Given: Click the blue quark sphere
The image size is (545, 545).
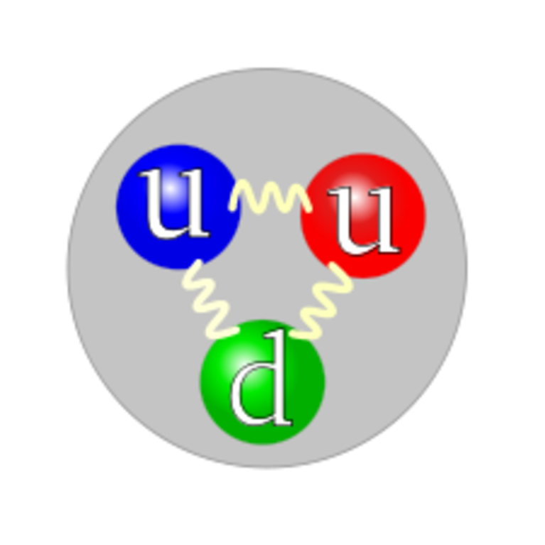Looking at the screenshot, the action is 178,207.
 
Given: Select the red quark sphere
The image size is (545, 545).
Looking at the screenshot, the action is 363,216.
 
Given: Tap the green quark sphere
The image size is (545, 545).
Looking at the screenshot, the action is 263,382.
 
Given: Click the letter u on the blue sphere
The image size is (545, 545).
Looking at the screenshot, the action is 175,204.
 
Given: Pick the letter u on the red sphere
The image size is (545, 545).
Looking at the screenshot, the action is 365,219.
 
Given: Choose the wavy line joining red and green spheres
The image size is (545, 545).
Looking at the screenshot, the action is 321,301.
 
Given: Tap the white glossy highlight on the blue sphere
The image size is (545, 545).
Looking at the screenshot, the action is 171,190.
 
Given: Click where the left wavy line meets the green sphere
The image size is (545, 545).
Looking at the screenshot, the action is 232,331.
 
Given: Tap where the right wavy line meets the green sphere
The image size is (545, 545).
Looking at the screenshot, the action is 296,334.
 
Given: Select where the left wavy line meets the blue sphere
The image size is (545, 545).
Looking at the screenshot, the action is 198,262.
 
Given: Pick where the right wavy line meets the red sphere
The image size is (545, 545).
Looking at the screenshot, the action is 334,266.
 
